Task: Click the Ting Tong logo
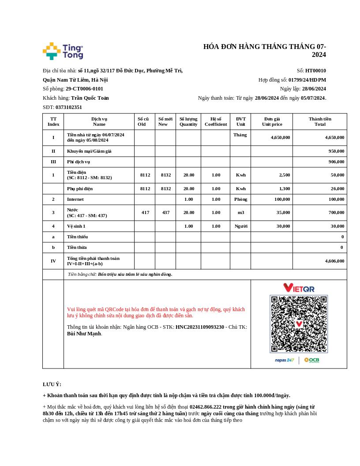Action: pyautogui.click(x=63, y=51)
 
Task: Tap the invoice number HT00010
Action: pyautogui.click(x=315, y=71)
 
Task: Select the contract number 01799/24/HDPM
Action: pyautogui.click(x=307, y=80)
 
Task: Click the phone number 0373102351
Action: pyautogui.click(x=68, y=107)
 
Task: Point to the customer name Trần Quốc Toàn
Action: pyautogui.click(x=90, y=98)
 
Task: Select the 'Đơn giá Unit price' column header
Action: pyautogui.click(x=272, y=121)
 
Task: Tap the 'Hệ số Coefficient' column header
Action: pyautogui.click(x=216, y=121)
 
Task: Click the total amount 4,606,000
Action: pyautogui.click(x=334, y=261)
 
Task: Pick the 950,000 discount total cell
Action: pyautogui.click(x=336, y=151)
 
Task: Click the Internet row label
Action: pyautogui.click(x=75, y=199)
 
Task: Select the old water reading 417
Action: pyautogui.click(x=145, y=212)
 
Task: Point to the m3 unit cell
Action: pyautogui.click(x=240, y=212)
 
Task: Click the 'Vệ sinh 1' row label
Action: pyautogui.click(x=76, y=226)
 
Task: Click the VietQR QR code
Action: pyautogui.click(x=299, y=324)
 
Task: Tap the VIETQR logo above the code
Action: pyautogui.click(x=299, y=288)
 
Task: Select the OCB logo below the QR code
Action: pyautogui.click(x=311, y=360)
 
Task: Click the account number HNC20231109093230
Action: pyautogui.click(x=200, y=327)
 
